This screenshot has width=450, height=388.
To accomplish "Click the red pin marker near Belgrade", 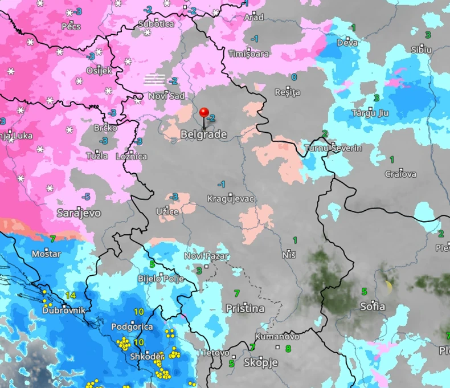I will tap(204, 113).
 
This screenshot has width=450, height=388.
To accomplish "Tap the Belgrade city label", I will tap(203, 135).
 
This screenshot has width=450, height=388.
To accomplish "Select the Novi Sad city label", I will tap(166, 96).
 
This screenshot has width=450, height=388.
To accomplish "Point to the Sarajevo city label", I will tap(79, 213).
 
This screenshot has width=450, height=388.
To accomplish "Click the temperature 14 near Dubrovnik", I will tap(71, 295).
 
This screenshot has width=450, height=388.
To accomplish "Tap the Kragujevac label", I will tap(230, 199).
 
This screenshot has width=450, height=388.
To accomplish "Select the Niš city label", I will tap(289, 254).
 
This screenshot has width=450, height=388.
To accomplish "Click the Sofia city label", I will tap(373, 307).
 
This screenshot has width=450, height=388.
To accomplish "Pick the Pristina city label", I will tap(245, 308).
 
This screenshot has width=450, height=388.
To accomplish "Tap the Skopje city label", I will tap(260, 362).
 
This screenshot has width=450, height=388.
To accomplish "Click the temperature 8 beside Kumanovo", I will tap(288, 348).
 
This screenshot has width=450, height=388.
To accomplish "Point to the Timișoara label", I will tap(248, 54).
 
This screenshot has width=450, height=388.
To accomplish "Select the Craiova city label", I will tap(400, 174).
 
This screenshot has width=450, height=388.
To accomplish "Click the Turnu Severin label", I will tap(333, 148).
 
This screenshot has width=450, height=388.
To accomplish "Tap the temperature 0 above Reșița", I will tap(294, 77).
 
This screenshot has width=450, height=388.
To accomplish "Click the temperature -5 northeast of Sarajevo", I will tap(85, 197).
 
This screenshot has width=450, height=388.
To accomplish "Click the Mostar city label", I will tap(47, 252).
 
